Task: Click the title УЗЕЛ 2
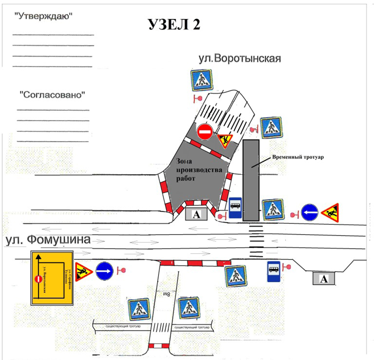174,25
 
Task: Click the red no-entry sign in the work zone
205,132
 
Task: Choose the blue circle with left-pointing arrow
310,213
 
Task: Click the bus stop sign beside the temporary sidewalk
235,208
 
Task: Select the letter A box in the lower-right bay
324,279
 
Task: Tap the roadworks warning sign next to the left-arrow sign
331,213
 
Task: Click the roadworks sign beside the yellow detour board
82,271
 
